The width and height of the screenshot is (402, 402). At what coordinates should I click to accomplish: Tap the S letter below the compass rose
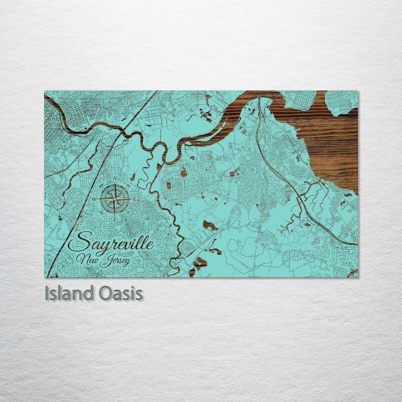(114, 219)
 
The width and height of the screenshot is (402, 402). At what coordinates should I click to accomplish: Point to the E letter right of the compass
(134, 199)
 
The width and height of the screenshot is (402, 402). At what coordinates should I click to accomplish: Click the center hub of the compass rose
(114, 199)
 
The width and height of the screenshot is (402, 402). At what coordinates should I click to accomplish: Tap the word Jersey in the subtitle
(115, 262)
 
